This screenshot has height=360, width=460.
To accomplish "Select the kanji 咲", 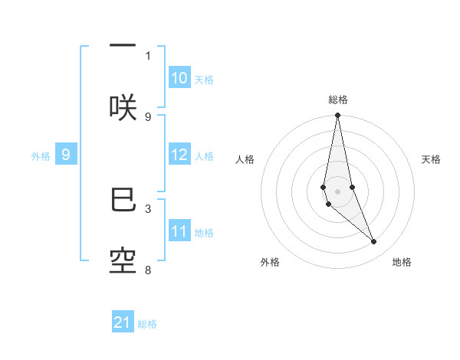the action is click(123, 107).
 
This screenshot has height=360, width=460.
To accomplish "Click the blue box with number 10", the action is click(179, 78).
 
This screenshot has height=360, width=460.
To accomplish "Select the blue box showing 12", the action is click(179, 155).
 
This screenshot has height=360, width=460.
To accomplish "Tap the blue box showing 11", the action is click(179, 231).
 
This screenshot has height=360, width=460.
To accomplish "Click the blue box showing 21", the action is click(123, 323).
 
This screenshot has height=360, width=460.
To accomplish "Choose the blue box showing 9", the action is click(66, 155).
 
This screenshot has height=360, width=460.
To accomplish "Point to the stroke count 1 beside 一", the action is click(148, 55).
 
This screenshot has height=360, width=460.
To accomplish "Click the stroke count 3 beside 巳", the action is click(148, 208).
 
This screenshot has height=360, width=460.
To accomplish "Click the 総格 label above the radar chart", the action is click(338, 100).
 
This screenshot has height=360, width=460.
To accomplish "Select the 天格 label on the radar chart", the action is click(432, 159).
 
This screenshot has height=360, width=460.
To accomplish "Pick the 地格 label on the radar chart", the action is click(402, 262).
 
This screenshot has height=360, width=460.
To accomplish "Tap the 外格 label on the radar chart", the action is click(270, 262).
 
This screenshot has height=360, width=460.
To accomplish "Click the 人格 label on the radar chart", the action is click(245, 159).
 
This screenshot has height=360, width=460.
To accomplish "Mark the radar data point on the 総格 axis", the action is click(338, 116).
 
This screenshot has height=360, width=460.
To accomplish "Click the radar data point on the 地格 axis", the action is click(374, 241).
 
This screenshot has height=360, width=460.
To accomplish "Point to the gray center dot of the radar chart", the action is click(338, 191).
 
